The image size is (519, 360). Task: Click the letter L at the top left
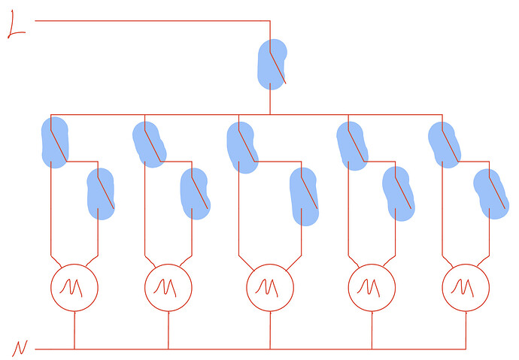pos(15,25)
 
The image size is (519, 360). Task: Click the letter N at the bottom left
pos(20,348)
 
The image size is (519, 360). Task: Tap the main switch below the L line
pos(272,65)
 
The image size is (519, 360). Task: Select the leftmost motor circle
pos(74,288)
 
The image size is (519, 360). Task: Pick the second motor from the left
pos(168,288)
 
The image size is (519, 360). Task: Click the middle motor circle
pos(270,288)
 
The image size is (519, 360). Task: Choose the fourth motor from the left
pos(372,288)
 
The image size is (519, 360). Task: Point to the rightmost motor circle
pos(466,288)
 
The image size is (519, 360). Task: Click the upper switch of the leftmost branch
pos(55,143)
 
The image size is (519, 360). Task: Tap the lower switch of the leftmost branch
pos(101,194)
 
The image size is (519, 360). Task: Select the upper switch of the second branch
pos(149,144)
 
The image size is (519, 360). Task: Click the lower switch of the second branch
pos(196,194)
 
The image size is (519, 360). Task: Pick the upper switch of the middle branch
pos(243,147)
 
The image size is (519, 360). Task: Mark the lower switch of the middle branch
pos(304,197)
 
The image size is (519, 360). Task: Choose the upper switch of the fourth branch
pos(353,146)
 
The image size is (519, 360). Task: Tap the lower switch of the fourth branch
pos(399,194)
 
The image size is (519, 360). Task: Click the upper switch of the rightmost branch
pos(445,145)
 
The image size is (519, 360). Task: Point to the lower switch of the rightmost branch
pos(491,194)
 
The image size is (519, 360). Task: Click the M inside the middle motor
pos(267,287)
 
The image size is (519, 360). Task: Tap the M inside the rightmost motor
pos(463,287)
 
